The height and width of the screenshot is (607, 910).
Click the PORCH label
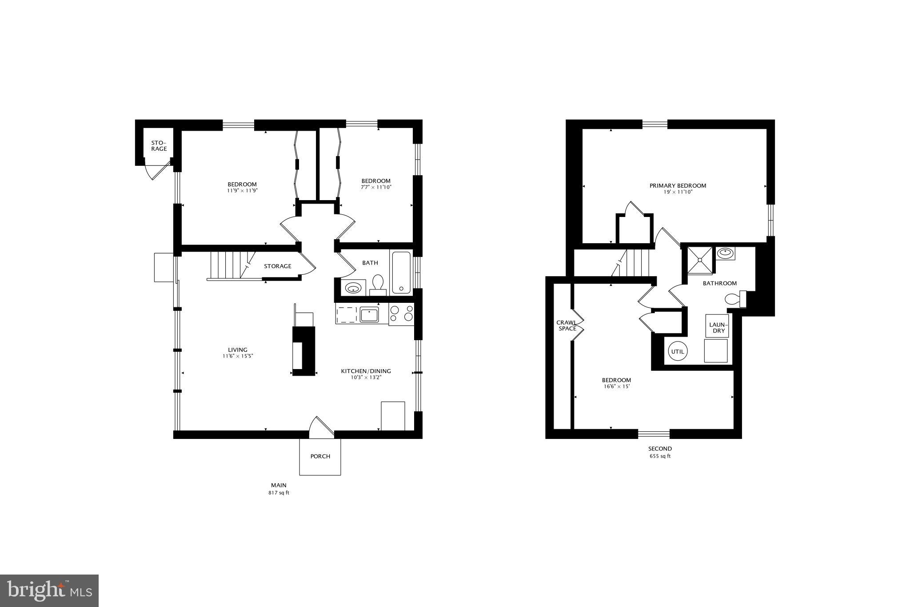tap(320, 456)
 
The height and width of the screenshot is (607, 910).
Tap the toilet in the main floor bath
tap(378, 284)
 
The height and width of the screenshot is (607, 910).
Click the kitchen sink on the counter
tap(369, 315)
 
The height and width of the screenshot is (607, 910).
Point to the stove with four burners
tap(401, 314)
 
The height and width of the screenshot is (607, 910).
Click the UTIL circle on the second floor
tap(678, 351)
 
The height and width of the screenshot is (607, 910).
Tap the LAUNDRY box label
tap(717, 328)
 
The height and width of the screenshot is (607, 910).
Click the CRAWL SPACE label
tap(567, 326)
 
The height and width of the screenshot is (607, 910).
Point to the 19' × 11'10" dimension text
tap(678, 192)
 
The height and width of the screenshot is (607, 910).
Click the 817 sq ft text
tap(279, 493)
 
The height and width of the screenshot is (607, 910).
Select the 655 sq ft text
tap(660, 456)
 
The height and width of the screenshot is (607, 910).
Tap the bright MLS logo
tap(49, 591)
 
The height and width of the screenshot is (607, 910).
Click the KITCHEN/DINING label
tap(366, 371)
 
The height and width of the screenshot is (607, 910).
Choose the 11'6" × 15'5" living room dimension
tap(238, 356)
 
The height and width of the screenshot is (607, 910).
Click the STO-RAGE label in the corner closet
tap(159, 146)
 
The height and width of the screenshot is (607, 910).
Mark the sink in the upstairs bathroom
tap(725, 253)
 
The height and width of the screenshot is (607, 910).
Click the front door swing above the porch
tap(321, 426)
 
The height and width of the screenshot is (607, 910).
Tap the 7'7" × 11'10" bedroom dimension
tap(376, 187)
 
